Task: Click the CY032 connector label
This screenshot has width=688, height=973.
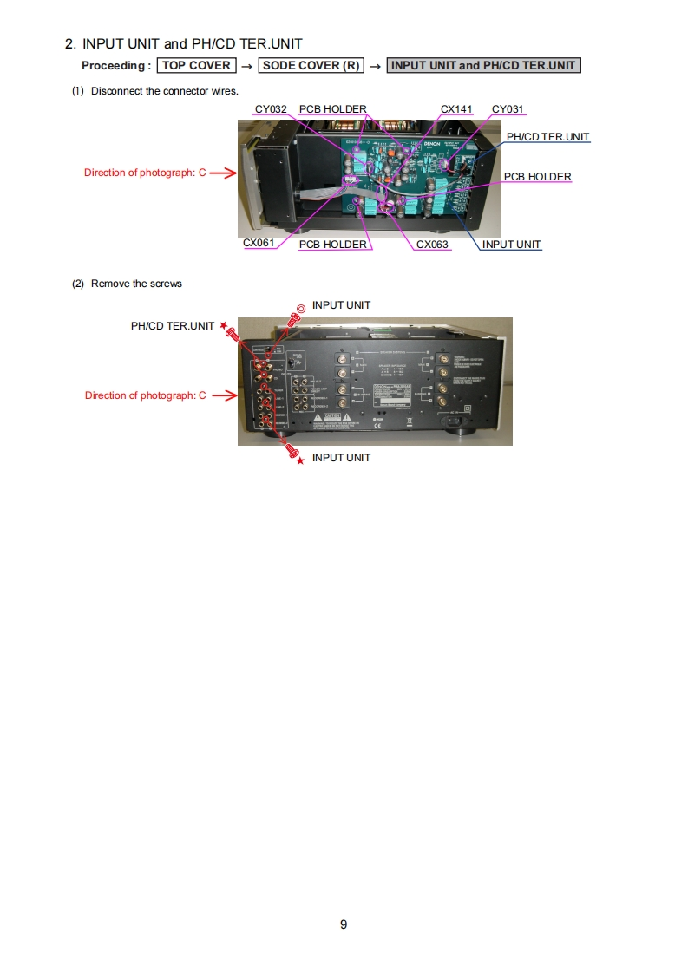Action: point(271,109)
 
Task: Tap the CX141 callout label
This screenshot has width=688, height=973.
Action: point(456,109)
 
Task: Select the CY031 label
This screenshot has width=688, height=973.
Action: point(508,109)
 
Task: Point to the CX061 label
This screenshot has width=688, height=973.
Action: point(259,243)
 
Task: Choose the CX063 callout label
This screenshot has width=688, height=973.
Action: point(432,245)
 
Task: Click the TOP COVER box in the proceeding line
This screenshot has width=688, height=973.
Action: point(197,65)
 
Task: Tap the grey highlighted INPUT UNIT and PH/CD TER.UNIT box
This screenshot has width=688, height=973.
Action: point(483,65)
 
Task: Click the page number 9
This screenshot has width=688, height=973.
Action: point(344,924)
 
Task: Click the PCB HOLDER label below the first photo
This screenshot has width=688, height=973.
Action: point(332,245)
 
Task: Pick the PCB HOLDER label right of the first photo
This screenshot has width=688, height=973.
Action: point(537,177)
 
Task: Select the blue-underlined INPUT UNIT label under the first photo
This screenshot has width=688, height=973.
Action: point(511,245)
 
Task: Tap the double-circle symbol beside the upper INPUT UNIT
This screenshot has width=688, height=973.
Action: point(300,307)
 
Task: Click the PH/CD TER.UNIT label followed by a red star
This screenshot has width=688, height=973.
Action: point(173,326)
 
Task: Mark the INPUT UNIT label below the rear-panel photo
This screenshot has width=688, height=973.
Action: point(341,458)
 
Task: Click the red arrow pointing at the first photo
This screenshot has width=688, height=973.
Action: point(223,173)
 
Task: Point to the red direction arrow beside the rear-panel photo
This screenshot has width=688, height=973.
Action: point(223,395)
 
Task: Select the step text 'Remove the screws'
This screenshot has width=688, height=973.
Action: point(136,284)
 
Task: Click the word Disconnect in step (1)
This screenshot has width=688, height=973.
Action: point(114,91)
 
